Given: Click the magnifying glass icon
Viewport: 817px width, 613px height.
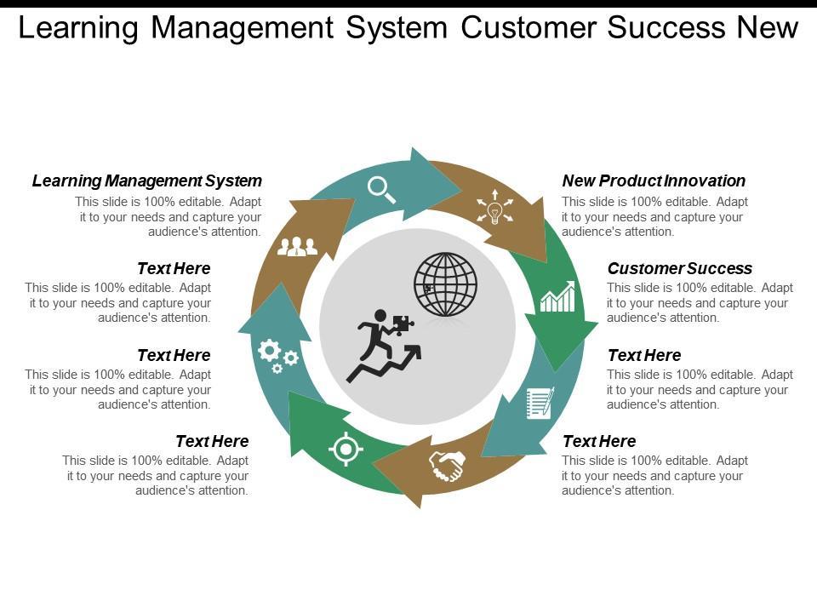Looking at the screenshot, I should click(381, 189).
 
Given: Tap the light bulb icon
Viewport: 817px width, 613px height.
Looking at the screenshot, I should click(494, 211).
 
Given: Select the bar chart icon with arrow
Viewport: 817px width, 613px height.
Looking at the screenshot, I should click(557, 296).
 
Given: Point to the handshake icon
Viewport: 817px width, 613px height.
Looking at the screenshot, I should click(447, 466).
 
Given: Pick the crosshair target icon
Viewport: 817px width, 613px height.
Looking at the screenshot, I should click(346, 449).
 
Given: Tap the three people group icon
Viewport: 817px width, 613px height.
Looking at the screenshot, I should click(297, 246).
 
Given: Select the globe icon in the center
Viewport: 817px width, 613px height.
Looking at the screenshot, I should click(446, 284).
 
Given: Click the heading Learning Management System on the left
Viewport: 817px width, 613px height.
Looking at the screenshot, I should click(147, 180).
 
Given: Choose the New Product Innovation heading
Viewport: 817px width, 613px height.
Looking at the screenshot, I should click(654, 180).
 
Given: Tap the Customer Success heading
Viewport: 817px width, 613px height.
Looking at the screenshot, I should click(680, 268).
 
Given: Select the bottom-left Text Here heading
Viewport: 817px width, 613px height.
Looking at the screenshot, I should click(212, 441).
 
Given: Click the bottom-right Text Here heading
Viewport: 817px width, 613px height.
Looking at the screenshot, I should click(599, 441).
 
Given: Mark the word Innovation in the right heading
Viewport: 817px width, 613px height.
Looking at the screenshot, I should click(704, 180).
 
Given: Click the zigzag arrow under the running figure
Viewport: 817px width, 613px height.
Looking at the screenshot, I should click(383, 364).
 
